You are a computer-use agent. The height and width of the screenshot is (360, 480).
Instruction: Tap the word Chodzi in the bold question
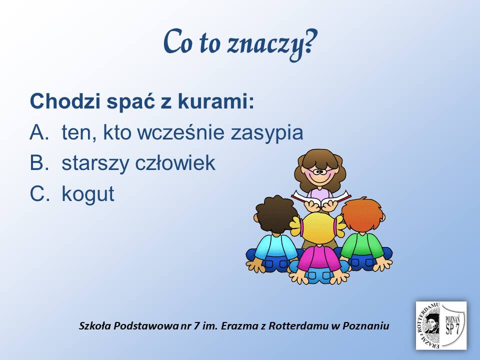pos(65,101)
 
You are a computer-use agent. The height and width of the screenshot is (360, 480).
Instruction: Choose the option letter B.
pos(39,163)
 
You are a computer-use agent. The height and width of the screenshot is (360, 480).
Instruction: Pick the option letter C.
pos(39,193)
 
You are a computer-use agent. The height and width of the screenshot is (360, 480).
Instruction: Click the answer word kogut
pos(88,194)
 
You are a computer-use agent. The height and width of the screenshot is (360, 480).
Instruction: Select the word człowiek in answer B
pos(175,163)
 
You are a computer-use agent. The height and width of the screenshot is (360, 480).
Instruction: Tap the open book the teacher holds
pos(321,197)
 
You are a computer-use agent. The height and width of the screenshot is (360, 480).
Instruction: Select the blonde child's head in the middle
pos(318,228)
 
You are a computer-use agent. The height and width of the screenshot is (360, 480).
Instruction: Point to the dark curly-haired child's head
pos(276,215)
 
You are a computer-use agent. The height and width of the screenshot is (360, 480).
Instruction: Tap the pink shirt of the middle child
pos(318,258)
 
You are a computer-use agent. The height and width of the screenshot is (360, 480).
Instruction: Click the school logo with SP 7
pos(441,325)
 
